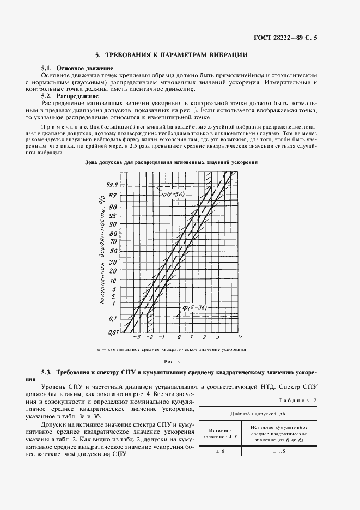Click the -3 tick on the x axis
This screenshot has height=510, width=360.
pos(138,337)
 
